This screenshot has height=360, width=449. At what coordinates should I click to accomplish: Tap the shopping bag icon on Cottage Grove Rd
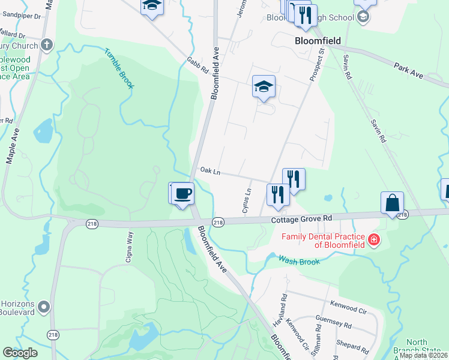coord(392,203)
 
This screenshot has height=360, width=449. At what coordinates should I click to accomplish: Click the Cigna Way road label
coord(129,245)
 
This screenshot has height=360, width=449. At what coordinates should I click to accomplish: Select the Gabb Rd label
coord(197,65)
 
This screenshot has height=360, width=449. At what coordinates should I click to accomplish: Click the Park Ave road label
coord(409,70)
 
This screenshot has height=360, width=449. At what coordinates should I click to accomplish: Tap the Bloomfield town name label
coord(318,41)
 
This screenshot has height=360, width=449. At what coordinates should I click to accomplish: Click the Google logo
coord(20,353)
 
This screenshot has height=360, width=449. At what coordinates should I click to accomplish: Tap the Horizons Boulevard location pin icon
coord(43,308)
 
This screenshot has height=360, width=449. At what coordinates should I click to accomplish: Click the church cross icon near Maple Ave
coord(47,45)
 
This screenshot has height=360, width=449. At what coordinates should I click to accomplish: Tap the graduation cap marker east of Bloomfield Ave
coord(264,87)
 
